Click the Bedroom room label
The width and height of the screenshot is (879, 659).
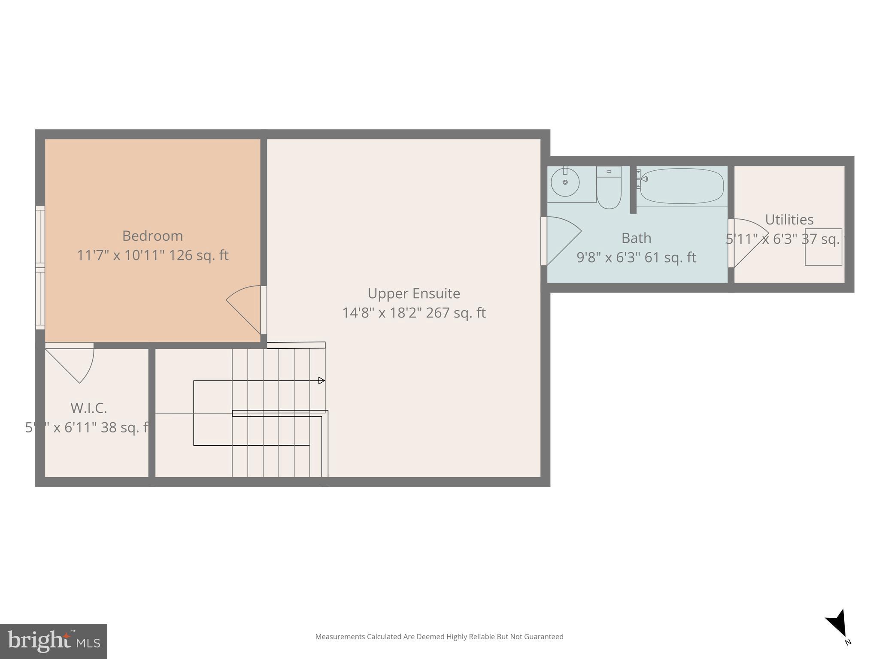[152, 236]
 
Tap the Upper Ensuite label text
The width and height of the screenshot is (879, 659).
[414, 293]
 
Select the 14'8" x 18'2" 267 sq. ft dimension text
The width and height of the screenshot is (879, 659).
[414, 313]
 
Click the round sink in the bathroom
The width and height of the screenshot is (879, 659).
[565, 182]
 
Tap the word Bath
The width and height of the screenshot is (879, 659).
[636, 238]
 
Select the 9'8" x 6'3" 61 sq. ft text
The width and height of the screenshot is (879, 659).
[636, 257]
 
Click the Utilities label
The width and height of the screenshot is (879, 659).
[789, 220]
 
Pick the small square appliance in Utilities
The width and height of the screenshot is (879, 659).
[823, 247]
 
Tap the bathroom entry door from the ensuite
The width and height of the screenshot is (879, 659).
[560, 240]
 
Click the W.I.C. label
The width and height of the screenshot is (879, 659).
[88, 408]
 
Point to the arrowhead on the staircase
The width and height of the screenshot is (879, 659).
[321, 381]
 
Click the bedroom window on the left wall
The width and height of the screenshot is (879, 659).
[40, 268]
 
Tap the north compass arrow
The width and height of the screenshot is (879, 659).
[837, 624]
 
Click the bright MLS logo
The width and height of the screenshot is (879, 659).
[54, 641]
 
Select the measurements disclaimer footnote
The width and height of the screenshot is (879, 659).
[439, 637]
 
